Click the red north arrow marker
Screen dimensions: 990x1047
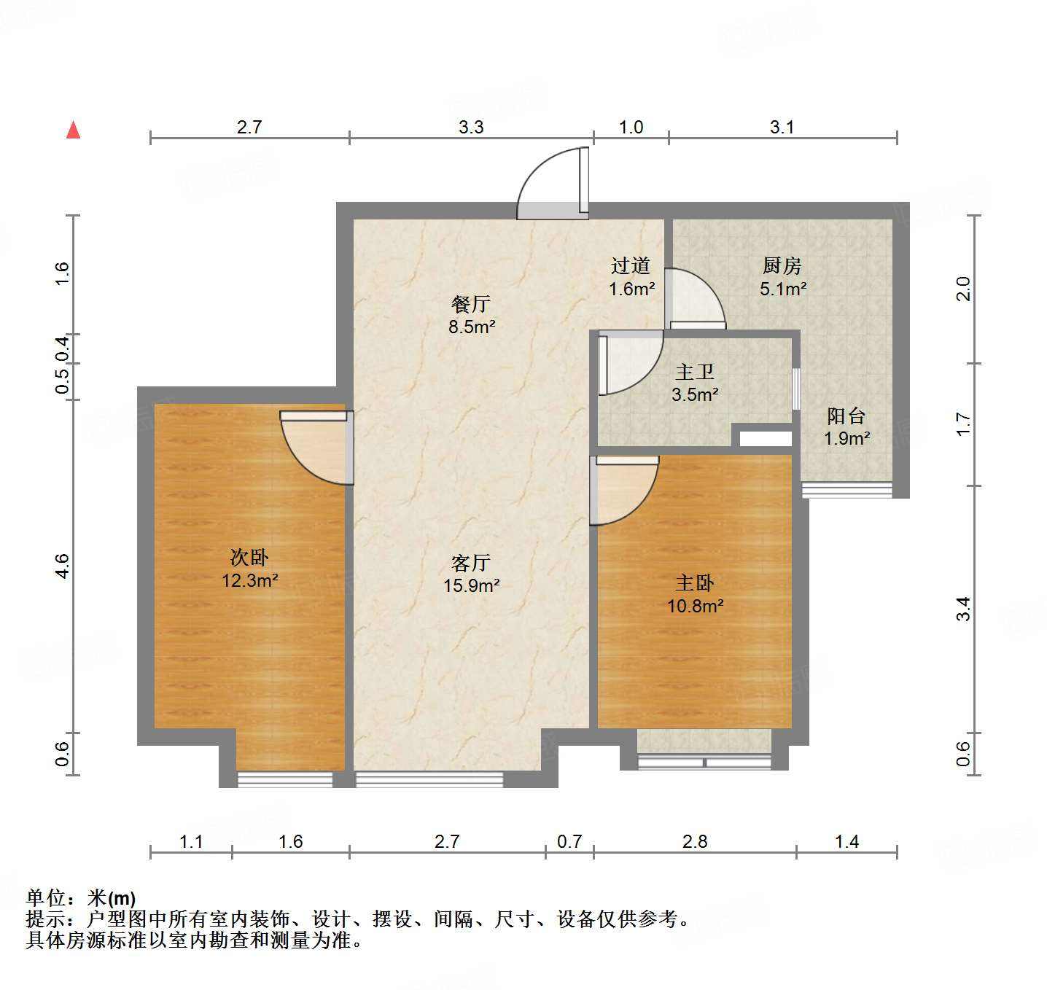(x=73, y=130)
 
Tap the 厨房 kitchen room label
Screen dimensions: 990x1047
(x=782, y=265)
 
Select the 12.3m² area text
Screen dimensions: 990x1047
(x=250, y=581)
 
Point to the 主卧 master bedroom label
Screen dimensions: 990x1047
(x=694, y=583)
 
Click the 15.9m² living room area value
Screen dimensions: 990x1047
(x=471, y=585)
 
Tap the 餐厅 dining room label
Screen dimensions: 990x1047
(x=471, y=304)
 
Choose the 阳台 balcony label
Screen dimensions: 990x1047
(x=846, y=416)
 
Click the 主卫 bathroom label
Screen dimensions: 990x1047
(x=694, y=373)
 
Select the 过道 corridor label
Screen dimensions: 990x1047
(x=631, y=266)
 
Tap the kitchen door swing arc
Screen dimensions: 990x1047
(x=694, y=299)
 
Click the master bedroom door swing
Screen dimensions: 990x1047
(x=625, y=488)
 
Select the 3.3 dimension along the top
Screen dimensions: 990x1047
(x=471, y=128)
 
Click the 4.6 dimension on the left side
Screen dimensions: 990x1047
(x=63, y=566)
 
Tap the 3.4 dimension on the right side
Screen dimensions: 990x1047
(x=963, y=608)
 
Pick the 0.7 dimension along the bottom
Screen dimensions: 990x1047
(x=569, y=842)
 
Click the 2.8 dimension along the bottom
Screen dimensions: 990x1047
(x=695, y=842)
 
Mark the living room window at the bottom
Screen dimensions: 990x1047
(x=429, y=780)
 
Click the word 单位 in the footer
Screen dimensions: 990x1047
(x=45, y=898)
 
